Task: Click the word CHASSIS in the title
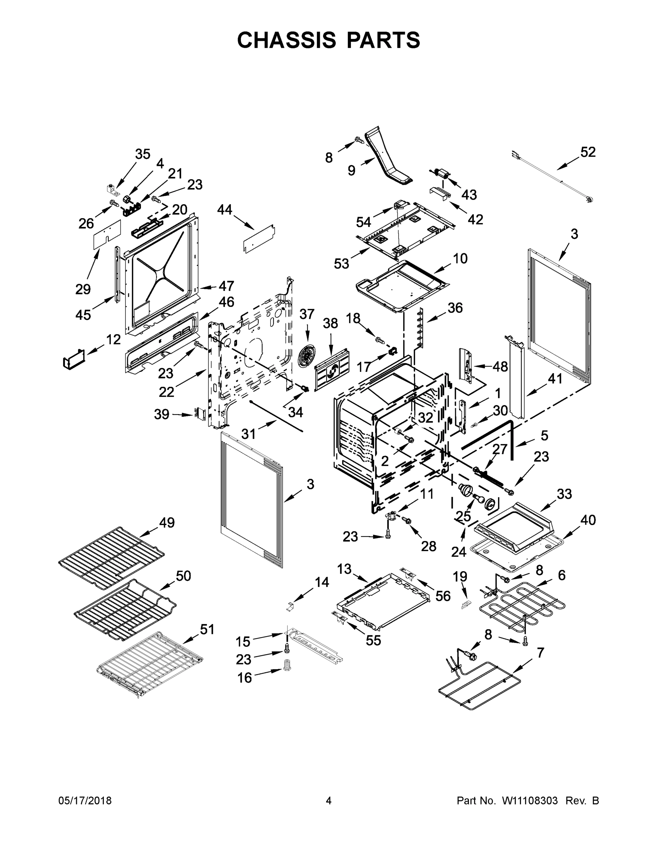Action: [x=287, y=40]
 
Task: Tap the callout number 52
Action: [x=588, y=152]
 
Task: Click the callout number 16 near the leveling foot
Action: [x=245, y=678]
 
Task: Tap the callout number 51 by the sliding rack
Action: [x=207, y=629]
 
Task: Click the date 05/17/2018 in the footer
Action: [x=85, y=801]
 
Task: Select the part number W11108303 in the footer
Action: [x=530, y=801]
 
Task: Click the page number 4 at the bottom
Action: [x=329, y=801]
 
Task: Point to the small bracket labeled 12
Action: [x=74, y=358]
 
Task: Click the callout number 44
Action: [x=225, y=210]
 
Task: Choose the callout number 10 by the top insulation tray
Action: [x=460, y=258]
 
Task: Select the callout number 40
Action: [x=588, y=520]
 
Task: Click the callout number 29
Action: [x=83, y=289]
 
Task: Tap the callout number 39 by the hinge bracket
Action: [x=162, y=414]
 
